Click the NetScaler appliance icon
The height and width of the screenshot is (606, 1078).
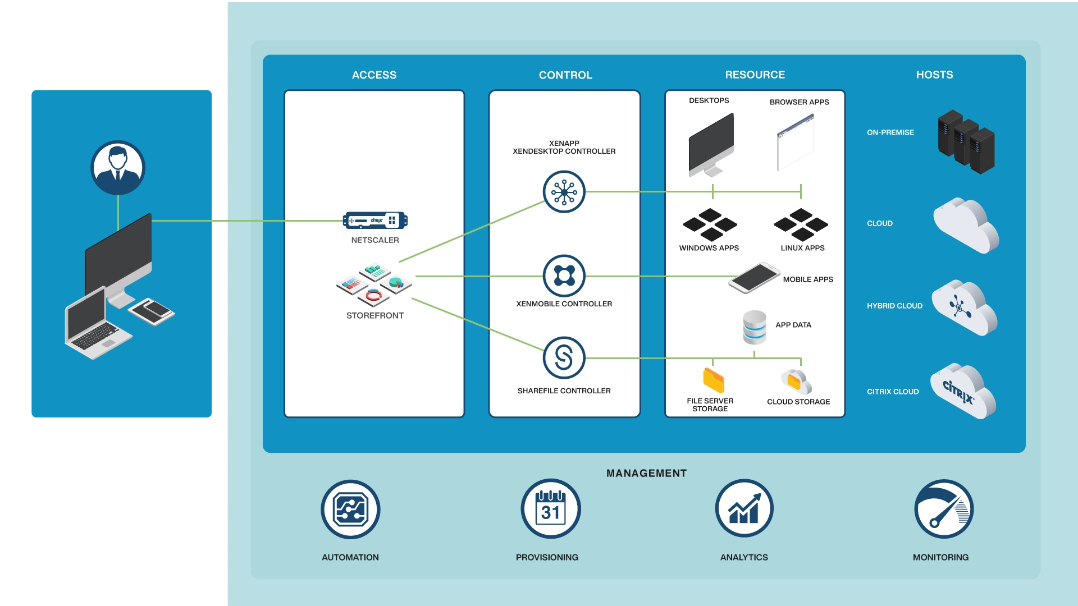(x=375, y=221)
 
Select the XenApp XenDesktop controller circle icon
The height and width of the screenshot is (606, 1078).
(x=564, y=192)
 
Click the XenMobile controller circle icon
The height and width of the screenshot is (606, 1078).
(x=564, y=276)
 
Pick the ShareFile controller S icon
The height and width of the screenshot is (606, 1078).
(x=564, y=358)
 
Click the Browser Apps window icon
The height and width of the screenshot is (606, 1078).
(x=796, y=143)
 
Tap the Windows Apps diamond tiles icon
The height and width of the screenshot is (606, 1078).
(x=710, y=224)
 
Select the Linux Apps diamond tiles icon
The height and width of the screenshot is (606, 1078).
(x=801, y=224)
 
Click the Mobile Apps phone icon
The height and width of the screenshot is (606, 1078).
(x=753, y=277)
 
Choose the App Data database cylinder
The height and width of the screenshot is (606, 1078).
(x=754, y=328)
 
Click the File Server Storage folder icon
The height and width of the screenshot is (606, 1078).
(x=713, y=380)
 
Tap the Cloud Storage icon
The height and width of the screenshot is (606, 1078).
(x=796, y=382)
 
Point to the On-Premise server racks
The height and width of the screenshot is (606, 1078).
(x=966, y=141)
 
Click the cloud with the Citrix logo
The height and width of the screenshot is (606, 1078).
(x=962, y=391)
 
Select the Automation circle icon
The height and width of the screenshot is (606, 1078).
(x=350, y=509)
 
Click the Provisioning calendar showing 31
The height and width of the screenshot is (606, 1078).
(x=550, y=509)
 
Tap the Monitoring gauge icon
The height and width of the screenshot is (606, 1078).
(x=943, y=509)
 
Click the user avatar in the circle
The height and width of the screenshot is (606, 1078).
(x=118, y=167)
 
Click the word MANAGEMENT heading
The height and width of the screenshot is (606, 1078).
(x=646, y=473)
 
